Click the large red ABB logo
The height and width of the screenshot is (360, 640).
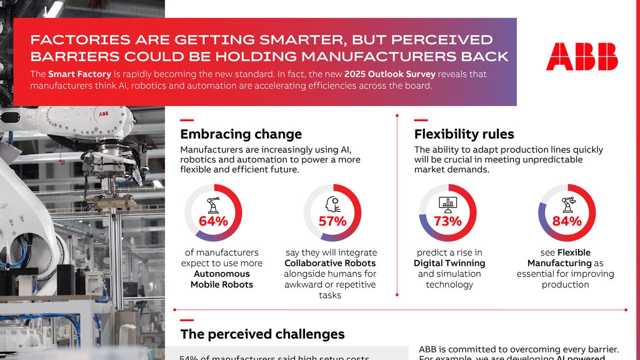click(582, 57)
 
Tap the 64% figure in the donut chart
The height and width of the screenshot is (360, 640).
click(213, 221)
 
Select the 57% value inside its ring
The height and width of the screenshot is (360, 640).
click(332, 221)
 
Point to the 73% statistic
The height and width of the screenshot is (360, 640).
click(447, 221)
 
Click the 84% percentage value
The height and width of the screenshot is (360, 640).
click(567, 221)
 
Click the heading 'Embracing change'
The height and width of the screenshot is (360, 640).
click(241, 134)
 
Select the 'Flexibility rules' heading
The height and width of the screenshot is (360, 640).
click(464, 134)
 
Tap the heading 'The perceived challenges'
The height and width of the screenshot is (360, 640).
click(262, 334)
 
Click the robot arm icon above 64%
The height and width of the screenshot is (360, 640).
click(213, 204)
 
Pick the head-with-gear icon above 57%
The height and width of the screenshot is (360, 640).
click(332, 204)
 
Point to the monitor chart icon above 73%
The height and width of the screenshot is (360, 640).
click(447, 204)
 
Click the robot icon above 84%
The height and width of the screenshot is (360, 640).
click(567, 204)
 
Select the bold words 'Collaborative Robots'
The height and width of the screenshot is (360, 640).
click(330, 263)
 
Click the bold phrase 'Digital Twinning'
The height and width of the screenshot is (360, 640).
click(449, 263)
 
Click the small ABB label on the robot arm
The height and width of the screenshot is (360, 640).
click(103, 114)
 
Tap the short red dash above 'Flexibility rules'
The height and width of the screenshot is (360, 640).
click(421, 120)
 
